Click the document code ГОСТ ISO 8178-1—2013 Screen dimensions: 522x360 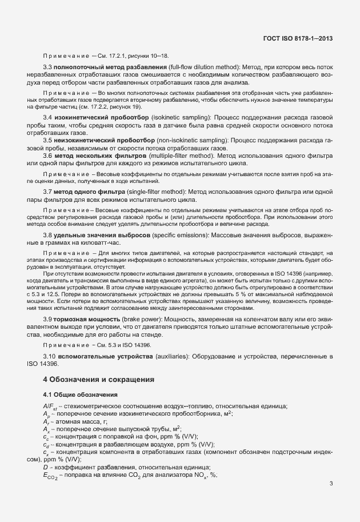tap(299, 39)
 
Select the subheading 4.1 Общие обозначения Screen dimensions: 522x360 tap(81, 395)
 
